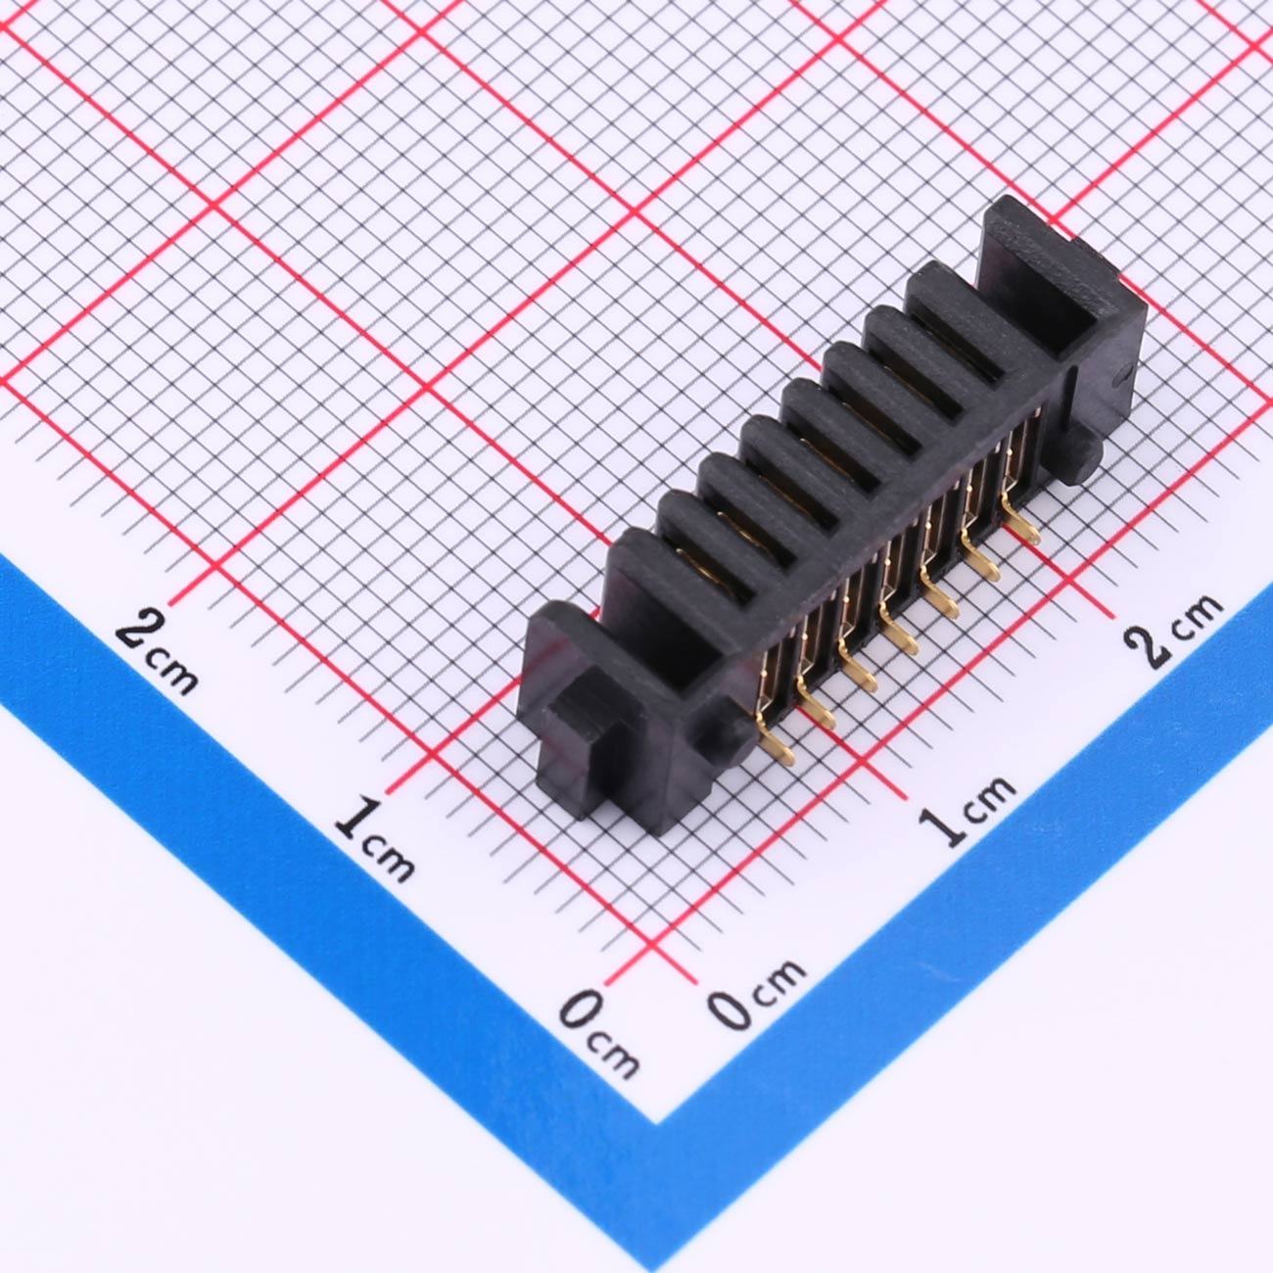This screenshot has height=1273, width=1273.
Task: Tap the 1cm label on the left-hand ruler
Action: pos(375,839)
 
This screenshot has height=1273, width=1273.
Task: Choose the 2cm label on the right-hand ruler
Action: pos(1173,630)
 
